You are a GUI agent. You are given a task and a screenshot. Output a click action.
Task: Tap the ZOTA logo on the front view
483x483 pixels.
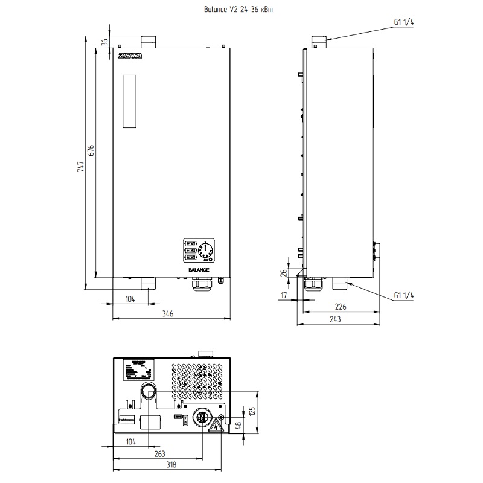[x=129, y=58]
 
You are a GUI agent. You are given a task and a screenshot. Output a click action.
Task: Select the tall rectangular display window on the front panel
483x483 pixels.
[x=130, y=101]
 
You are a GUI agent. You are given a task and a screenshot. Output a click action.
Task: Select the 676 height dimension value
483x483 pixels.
[x=91, y=151]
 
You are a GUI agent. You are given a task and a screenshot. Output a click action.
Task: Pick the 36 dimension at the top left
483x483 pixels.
[x=104, y=42]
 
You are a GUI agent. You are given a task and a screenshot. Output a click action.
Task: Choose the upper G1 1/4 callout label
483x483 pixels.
[x=404, y=22]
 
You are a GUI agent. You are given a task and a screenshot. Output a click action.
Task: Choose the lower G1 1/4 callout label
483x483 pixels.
[x=404, y=295]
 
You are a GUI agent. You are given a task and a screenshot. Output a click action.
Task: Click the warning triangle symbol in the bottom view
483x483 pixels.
[x=215, y=428]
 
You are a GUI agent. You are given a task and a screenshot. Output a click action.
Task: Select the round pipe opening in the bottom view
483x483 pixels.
[x=149, y=392]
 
